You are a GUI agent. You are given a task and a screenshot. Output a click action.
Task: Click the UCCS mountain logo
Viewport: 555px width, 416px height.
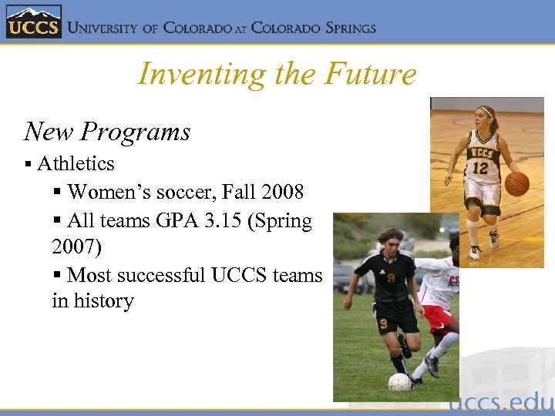pyautogui.click(x=32, y=22)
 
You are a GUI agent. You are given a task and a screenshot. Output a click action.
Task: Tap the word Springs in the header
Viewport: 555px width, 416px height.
pyautogui.click(x=341, y=28)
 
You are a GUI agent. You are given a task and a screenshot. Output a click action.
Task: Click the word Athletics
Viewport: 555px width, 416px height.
pyautogui.click(x=76, y=163)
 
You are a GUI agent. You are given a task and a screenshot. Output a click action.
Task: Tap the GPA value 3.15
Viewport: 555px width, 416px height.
pyautogui.click(x=218, y=221)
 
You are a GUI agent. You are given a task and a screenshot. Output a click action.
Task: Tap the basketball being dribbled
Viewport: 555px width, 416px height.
pyautogui.click(x=517, y=183)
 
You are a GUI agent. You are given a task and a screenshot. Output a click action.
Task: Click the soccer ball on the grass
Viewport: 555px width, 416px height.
pyautogui.click(x=399, y=382)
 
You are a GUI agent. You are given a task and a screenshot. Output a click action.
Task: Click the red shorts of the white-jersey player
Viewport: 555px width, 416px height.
pyautogui.click(x=438, y=315)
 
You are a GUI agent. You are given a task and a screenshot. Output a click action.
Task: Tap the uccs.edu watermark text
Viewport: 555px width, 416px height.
pyautogui.click(x=500, y=402)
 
